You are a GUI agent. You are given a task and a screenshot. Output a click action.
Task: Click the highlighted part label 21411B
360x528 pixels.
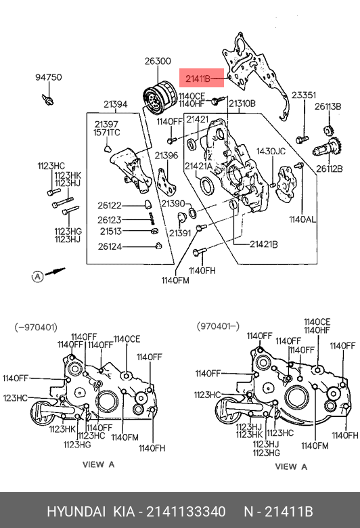(198, 79)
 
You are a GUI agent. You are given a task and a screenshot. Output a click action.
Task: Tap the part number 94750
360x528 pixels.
(49, 77)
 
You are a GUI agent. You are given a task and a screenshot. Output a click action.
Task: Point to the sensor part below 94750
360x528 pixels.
(48, 100)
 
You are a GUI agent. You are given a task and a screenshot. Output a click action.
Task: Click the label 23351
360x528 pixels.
(304, 95)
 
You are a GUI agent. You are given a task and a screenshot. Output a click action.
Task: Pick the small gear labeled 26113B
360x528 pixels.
(328, 129)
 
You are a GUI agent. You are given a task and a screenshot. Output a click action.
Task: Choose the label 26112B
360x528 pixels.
(329, 168)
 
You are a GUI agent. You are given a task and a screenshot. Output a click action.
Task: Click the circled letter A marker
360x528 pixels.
(38, 277)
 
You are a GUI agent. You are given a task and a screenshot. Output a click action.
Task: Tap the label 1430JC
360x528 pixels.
(271, 151)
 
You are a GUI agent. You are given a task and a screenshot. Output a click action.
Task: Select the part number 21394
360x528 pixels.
(116, 104)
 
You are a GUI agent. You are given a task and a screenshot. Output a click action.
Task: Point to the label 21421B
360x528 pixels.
(264, 244)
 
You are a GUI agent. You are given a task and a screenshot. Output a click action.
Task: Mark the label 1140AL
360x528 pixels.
(302, 219)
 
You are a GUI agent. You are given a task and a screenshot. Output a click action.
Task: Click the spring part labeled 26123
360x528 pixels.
(152, 219)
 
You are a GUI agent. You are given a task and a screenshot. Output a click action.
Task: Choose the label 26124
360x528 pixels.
(110, 247)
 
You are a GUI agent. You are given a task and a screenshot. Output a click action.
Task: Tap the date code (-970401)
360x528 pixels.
(36, 328)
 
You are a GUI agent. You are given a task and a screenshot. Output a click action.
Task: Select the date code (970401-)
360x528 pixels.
(218, 326)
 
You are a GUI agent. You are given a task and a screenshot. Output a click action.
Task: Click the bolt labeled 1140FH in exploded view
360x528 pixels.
(200, 252)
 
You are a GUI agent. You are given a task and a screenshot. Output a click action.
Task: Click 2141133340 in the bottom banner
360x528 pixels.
(186, 512)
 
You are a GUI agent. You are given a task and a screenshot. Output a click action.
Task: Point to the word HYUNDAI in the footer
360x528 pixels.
(76, 512)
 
